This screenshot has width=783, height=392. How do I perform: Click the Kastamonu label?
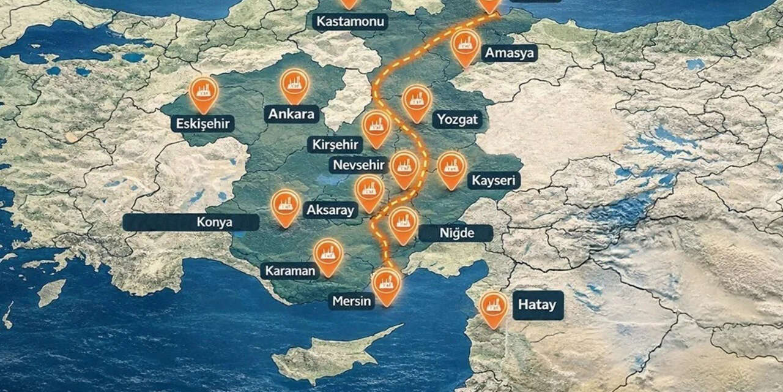(x=351, y=22)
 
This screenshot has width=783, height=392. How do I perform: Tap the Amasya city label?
(x=510, y=53)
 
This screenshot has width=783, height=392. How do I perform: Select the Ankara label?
(x=291, y=113)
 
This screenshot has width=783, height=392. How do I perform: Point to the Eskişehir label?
(x=202, y=124)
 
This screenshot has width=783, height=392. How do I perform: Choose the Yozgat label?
(x=457, y=119)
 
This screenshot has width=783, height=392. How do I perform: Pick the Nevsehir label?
(x=359, y=165)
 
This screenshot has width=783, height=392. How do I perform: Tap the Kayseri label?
(x=494, y=180)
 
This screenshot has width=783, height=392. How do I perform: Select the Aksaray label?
(x=330, y=210)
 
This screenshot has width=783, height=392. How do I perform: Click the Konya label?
(x=191, y=222)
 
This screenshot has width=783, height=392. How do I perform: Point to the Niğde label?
(x=456, y=233)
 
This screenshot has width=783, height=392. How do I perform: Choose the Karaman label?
(x=290, y=271)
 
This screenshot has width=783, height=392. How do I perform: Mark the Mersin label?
(x=351, y=301)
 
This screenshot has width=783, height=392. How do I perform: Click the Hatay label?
(x=538, y=304)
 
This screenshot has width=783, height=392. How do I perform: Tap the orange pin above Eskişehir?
(x=204, y=92)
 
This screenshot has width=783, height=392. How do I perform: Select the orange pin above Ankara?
(x=295, y=84)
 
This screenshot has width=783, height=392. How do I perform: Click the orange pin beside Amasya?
(x=466, y=46)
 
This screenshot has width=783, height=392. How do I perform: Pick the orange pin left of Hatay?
(x=493, y=307)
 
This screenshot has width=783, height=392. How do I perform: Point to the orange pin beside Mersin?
(x=387, y=284)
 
